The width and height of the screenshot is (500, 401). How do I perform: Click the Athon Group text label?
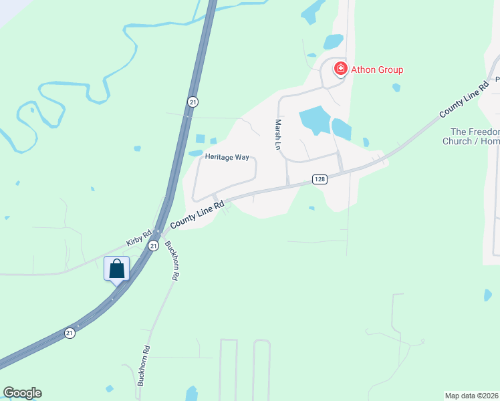[x=377, y=70]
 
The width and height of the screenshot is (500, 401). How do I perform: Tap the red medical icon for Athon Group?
[x=340, y=68]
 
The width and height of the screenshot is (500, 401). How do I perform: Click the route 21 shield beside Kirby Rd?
[x=153, y=246]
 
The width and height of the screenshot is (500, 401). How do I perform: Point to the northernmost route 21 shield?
[x=193, y=102]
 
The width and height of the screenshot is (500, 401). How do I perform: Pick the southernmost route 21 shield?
[x=70, y=332]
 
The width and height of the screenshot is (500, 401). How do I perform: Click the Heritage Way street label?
[x=227, y=157]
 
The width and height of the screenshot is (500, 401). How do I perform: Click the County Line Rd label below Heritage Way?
[x=196, y=215]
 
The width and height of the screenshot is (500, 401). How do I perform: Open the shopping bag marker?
[x=117, y=269]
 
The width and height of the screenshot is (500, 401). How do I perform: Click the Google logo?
[x=22, y=393]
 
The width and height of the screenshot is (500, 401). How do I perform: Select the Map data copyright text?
[x=472, y=395]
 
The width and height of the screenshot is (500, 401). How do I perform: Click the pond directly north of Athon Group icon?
[x=333, y=42]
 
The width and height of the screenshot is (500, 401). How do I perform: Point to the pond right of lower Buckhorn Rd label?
[x=192, y=394]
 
